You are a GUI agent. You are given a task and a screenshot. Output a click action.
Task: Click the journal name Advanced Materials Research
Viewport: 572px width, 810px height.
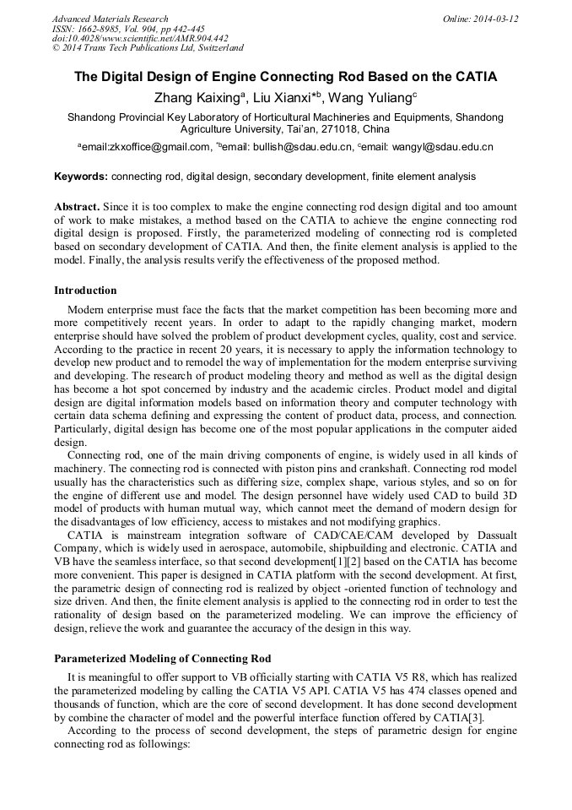[110, 19]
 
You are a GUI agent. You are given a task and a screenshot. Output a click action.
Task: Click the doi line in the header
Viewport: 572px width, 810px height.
[140, 39]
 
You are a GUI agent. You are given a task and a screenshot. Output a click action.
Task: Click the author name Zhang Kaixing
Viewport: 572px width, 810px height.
[196, 98]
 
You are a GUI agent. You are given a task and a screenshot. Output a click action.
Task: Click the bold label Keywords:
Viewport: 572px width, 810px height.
[81, 177]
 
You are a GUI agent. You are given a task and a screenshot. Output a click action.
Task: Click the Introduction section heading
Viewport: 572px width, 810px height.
[85, 290]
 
